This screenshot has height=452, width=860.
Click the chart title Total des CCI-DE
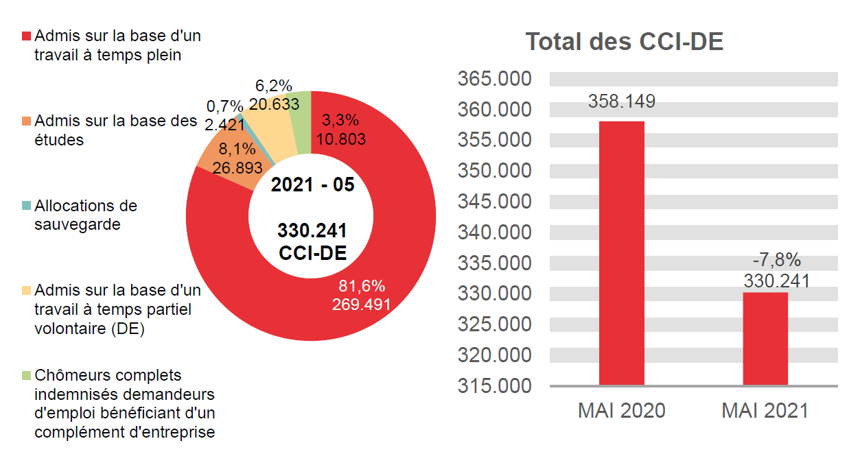tap(624, 42)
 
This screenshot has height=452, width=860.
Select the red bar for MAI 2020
tap(621, 254)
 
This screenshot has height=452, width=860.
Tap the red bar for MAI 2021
tap(765, 339)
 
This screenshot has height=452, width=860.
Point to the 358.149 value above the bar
tap(621, 102)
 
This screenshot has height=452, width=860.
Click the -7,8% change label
tap(776, 260)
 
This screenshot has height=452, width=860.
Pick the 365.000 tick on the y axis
tap(494, 79)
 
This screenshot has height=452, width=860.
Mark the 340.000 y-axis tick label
tap(494, 233)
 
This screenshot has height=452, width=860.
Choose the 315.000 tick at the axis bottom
tap(494, 386)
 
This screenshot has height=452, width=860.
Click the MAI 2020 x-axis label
tap(621, 411)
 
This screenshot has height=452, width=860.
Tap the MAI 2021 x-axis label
tap(765, 411)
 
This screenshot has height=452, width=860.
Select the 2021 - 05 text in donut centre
tap(312, 185)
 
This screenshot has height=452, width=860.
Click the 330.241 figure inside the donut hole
tap(312, 230)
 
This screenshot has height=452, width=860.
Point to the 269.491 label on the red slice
tap(362, 304)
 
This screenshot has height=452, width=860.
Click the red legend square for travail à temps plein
tap(27, 36)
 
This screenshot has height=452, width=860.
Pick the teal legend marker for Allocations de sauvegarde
tap(27, 206)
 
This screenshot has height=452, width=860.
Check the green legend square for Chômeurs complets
tap(27, 376)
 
